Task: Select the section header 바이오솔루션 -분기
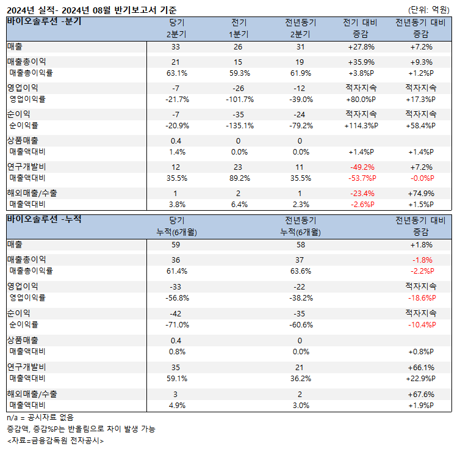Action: [44, 21]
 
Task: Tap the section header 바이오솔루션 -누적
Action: [44, 219]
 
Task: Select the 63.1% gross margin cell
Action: [177, 73]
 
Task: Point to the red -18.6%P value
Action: [420, 297]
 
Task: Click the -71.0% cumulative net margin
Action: [177, 324]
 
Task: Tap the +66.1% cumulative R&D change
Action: [420, 367]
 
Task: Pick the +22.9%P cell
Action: [420, 378]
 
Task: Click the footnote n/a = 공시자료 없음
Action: [40, 417]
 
